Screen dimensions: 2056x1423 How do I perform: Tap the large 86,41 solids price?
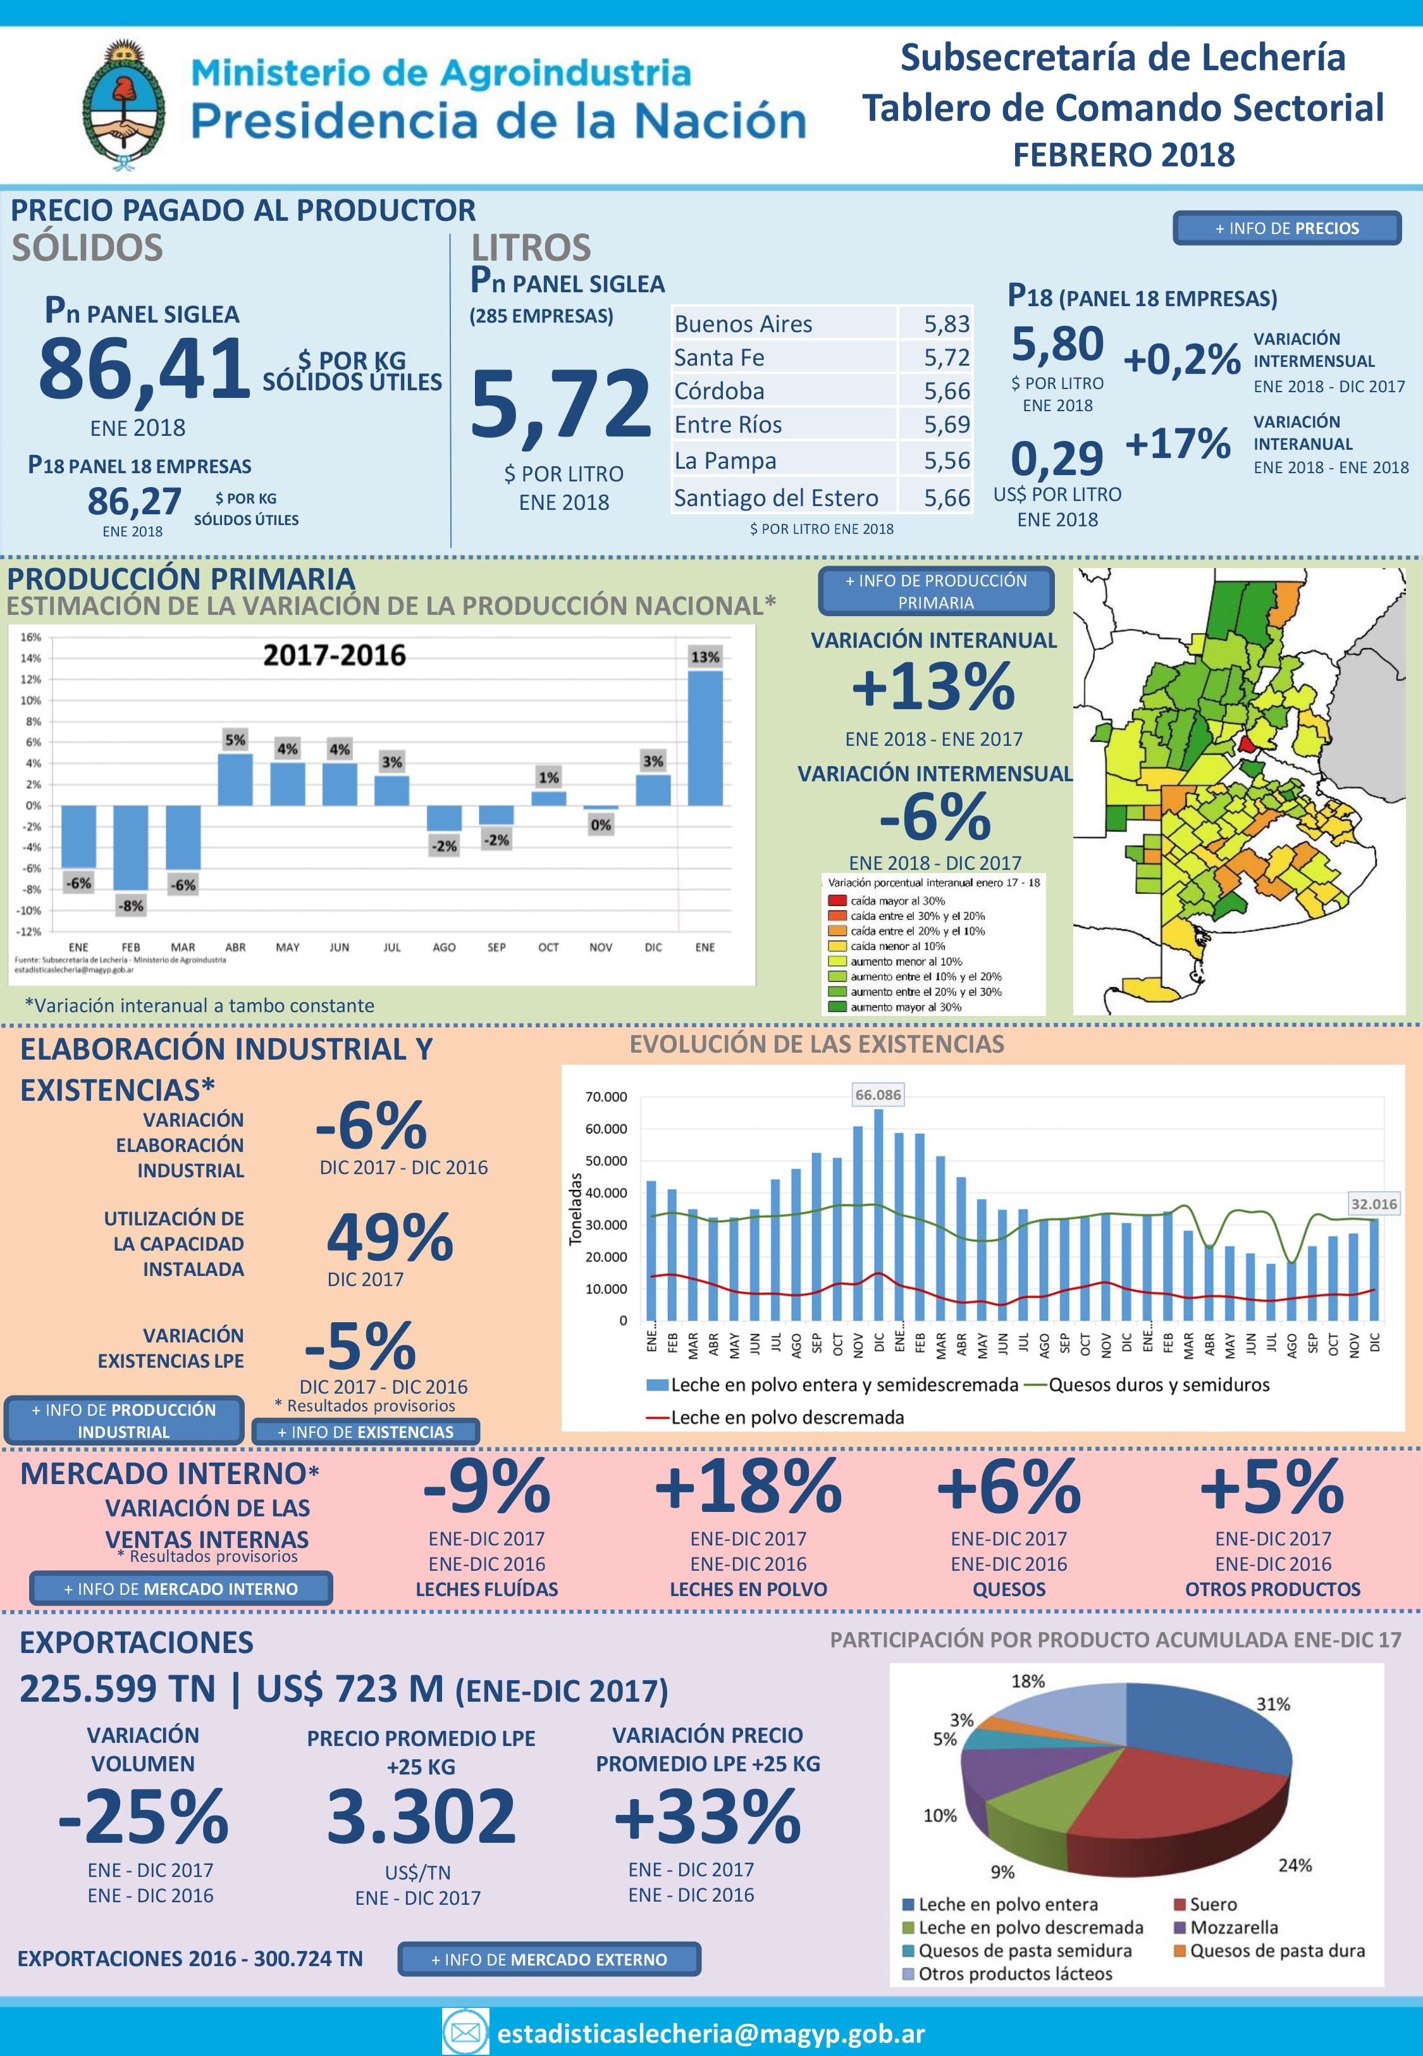(144, 368)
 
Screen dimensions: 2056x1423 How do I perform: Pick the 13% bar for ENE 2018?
(705, 738)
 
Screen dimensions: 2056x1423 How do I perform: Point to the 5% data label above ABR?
(235, 740)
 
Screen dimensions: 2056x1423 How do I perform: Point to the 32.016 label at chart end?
(1373, 1204)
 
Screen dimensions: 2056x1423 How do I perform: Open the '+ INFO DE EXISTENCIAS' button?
(366, 1432)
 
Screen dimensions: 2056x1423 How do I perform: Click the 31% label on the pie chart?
(1272, 1704)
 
